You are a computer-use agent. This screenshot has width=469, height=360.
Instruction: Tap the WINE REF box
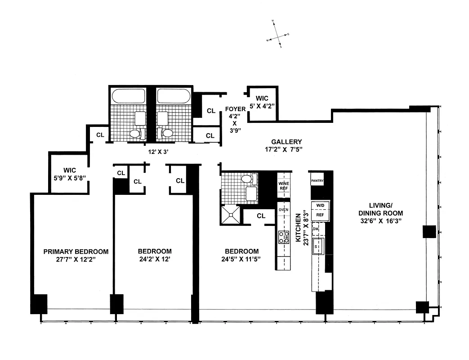coord(283,185)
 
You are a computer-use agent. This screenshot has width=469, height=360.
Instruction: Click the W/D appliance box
coord(320,205)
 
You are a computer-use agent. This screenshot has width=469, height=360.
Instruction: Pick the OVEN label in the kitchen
coord(283,210)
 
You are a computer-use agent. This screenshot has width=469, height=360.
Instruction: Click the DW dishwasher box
coord(316,229)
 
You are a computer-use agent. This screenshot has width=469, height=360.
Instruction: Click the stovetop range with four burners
coord(284,237)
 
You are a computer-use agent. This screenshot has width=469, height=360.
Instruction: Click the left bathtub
coord(128,96)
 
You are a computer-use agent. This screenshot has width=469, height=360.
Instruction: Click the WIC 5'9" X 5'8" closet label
coord(70,174)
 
